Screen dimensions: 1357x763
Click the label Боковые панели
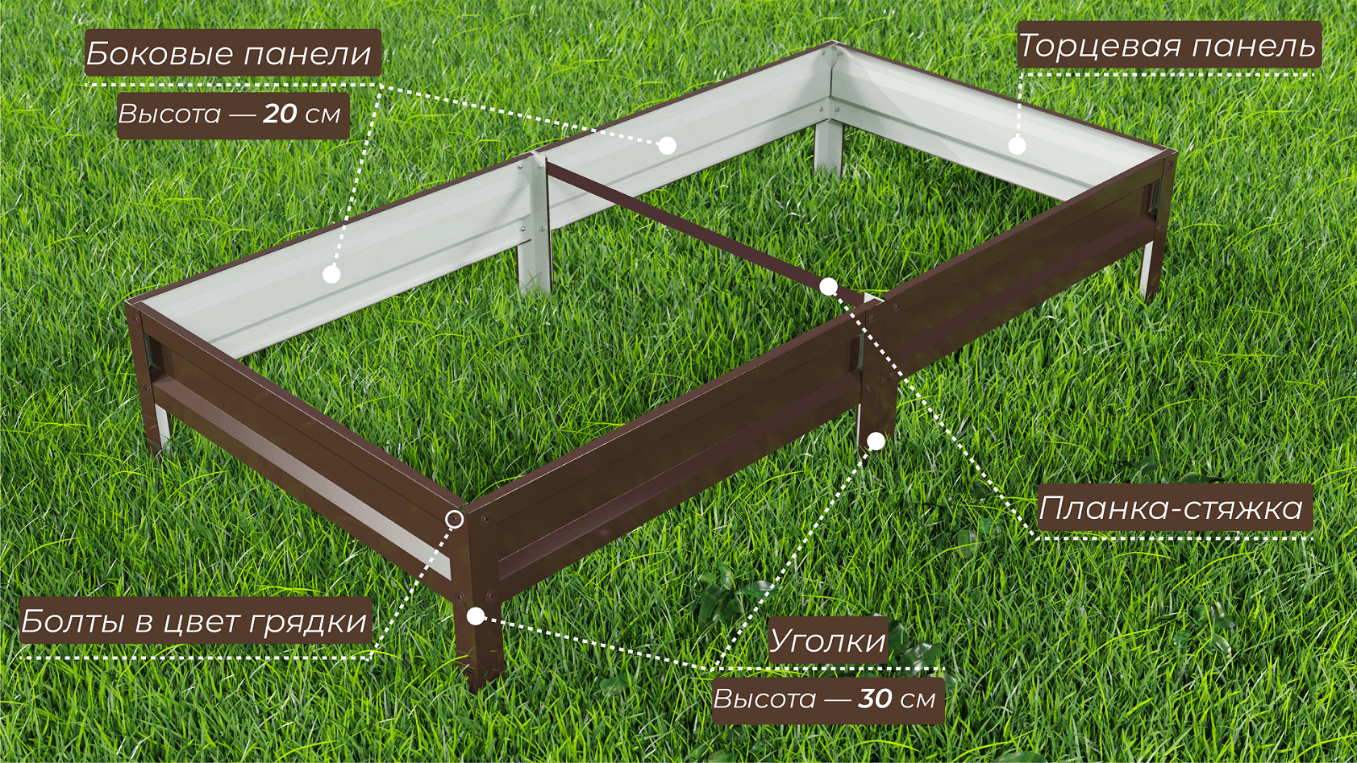[x=229, y=53]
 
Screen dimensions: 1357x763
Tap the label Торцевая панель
[x=1166, y=45]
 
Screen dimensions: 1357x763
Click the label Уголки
[x=827, y=641]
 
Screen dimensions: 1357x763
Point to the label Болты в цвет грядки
[x=194, y=621]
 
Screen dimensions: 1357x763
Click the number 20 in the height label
[x=281, y=114]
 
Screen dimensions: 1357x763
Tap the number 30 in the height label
[x=875, y=699]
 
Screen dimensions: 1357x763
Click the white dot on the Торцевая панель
[x=1017, y=146]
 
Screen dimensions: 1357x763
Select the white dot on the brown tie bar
[x=828, y=286]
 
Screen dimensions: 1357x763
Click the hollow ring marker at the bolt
[x=455, y=520]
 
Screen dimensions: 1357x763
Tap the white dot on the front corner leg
[x=476, y=616]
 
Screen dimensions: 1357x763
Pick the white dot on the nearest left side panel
[x=331, y=274]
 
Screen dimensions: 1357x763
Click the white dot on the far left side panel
[x=667, y=146]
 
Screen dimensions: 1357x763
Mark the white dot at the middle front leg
[x=876, y=442]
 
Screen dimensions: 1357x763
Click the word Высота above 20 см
[x=169, y=114]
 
